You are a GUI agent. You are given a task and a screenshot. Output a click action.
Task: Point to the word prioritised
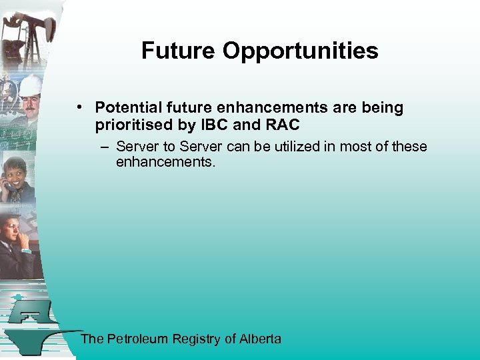coord(133,125)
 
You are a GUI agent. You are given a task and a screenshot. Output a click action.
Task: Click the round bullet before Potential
coord(79,107)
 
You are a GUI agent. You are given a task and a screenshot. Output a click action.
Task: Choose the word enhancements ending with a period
coord(166,162)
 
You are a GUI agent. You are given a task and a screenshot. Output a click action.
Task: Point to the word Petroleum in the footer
coord(137,339)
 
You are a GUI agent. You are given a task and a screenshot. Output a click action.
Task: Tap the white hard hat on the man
coord(31,85)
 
